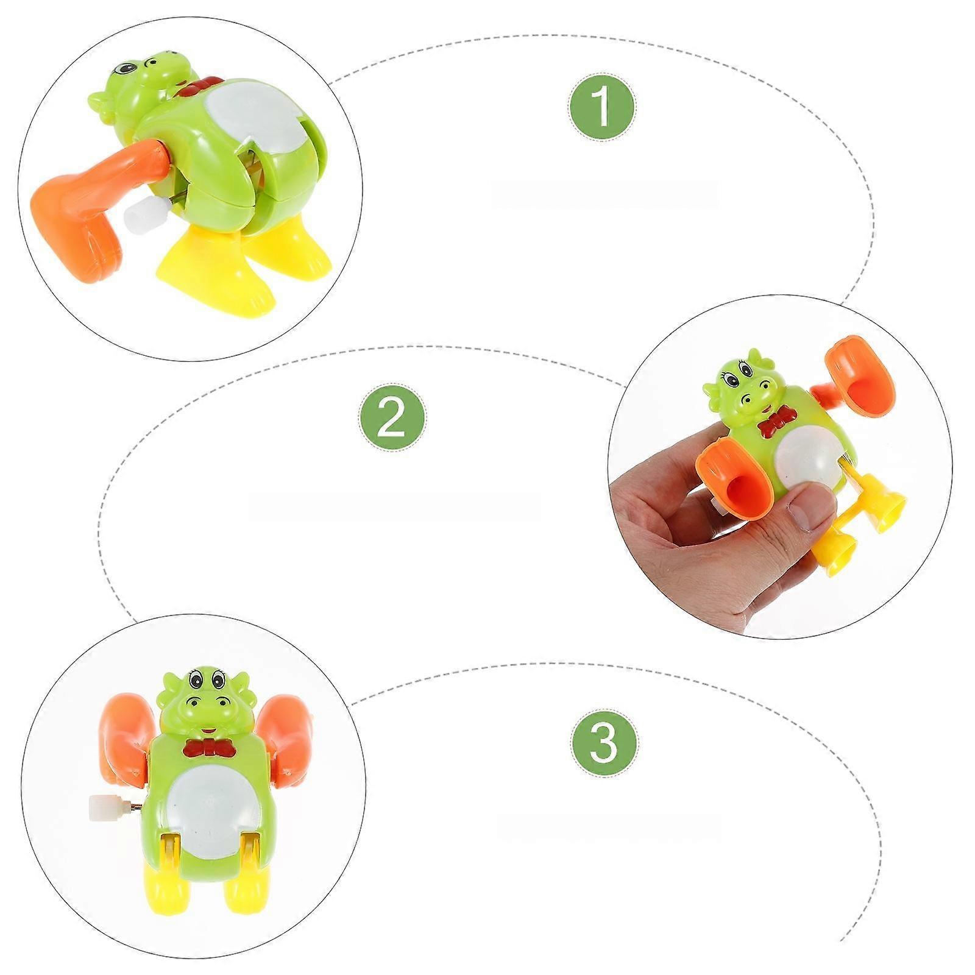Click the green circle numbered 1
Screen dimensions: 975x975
(602, 107)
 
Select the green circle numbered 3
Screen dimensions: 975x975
(604, 742)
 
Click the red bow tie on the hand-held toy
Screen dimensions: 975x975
(778, 421)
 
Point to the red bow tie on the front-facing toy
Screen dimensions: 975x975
(210, 748)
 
